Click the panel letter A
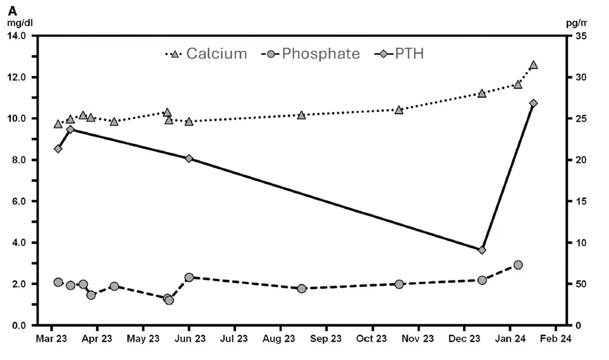pos(12,10)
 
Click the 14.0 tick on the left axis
pos(20,36)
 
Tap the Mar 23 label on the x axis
pos(51,338)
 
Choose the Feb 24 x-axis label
pos(556,338)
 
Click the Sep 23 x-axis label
pos(326,338)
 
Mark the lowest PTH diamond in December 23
pos(482,250)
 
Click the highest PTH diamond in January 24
pos(533,103)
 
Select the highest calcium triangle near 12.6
pos(533,65)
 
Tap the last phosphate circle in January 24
pos(518,265)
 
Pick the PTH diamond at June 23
pos(189,159)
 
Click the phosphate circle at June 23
pos(189,277)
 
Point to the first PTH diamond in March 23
pos(58,149)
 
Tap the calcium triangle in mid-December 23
pos(482,93)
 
